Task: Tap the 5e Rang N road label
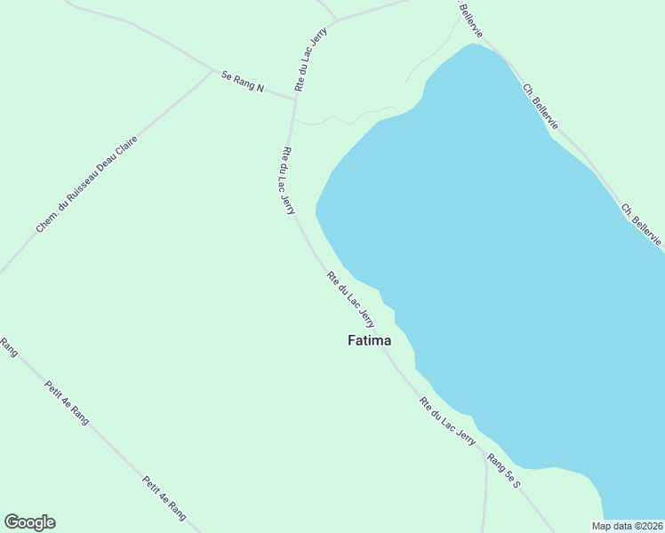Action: click(x=243, y=82)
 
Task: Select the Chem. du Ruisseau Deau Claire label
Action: click(x=86, y=185)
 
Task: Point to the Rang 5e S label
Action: click(x=503, y=472)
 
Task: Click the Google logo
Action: click(x=29, y=522)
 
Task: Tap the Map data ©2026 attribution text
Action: click(x=627, y=526)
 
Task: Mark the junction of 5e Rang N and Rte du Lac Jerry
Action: click(x=295, y=99)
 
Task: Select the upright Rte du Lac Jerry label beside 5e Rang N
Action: click(x=312, y=59)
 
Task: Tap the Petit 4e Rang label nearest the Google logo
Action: click(x=164, y=498)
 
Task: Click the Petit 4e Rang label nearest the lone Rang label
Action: click(x=67, y=402)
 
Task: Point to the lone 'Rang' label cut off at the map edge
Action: click(x=9, y=346)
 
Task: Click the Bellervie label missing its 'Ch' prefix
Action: click(x=472, y=18)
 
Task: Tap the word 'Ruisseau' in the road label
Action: click(x=85, y=186)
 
